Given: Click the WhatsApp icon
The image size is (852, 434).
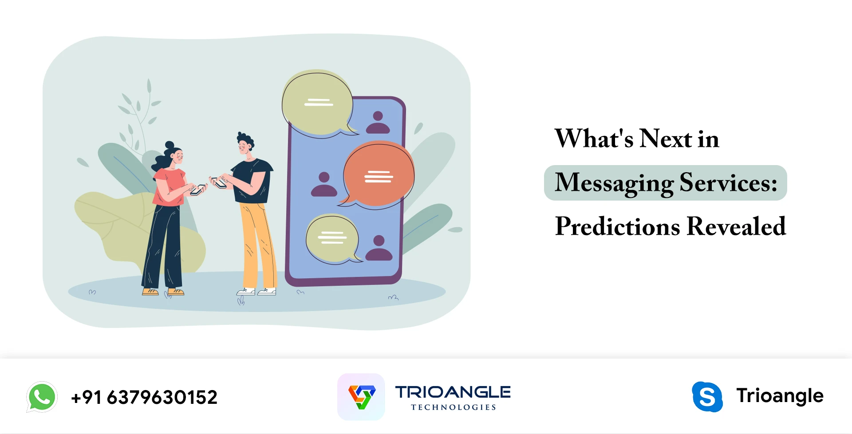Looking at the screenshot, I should pos(42,397).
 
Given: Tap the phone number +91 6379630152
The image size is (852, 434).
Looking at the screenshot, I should pos(144,397).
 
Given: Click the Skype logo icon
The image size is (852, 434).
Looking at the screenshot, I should pos(707,397).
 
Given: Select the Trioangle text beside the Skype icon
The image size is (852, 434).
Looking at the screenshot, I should pos(780,395).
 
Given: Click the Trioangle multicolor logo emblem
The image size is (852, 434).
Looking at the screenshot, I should pos(361,397).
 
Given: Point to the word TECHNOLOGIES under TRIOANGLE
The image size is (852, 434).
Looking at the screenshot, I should pos(453,407).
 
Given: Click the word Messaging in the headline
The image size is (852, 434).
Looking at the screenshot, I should pos(614,183).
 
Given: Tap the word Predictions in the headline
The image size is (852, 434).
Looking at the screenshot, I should pos(617,226).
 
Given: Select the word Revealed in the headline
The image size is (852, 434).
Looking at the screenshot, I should pos(736,226).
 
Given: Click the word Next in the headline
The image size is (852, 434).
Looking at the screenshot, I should pos(666,138).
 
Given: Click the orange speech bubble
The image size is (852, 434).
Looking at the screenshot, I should pos(379,175).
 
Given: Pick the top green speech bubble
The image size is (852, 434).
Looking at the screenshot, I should pos(317,103).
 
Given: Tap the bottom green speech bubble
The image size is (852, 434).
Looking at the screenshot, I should pos(332,238).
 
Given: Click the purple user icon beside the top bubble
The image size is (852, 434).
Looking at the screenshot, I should pos(378,123).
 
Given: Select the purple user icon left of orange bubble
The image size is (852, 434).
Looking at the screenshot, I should pos(324,185).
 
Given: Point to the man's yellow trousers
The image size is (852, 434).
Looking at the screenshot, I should pos(257,244).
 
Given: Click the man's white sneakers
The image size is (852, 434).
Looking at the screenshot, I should pos(257,292).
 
